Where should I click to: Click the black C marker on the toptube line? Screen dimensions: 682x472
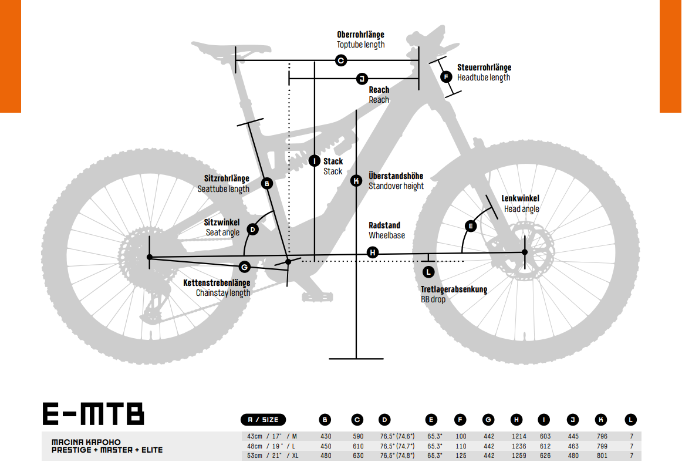[341, 60]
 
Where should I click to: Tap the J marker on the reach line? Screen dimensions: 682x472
[362, 79]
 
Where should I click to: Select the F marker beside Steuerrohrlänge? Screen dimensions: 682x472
[446, 77]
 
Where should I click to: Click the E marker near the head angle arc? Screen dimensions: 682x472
[471, 226]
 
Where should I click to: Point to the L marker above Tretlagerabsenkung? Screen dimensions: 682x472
[428, 272]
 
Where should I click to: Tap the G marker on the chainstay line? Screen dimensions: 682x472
[244, 267]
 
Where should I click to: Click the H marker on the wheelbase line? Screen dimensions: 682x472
[372, 252]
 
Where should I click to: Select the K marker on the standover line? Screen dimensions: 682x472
[356, 181]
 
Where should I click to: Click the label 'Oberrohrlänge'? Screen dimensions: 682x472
[360, 35]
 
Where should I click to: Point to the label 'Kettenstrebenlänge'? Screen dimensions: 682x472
[217, 283]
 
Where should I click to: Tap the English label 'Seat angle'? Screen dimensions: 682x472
[222, 232]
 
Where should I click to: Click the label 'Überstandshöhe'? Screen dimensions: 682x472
[396, 176]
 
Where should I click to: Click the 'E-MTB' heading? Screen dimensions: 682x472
[93, 414]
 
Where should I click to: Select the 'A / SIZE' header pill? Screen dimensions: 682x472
[263, 419]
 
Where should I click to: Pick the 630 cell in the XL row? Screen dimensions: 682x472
[358, 456]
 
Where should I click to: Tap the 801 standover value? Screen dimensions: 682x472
[602, 456]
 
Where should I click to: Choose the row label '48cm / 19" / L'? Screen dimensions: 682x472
[271, 446]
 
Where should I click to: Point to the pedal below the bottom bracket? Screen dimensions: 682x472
[318, 297]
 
